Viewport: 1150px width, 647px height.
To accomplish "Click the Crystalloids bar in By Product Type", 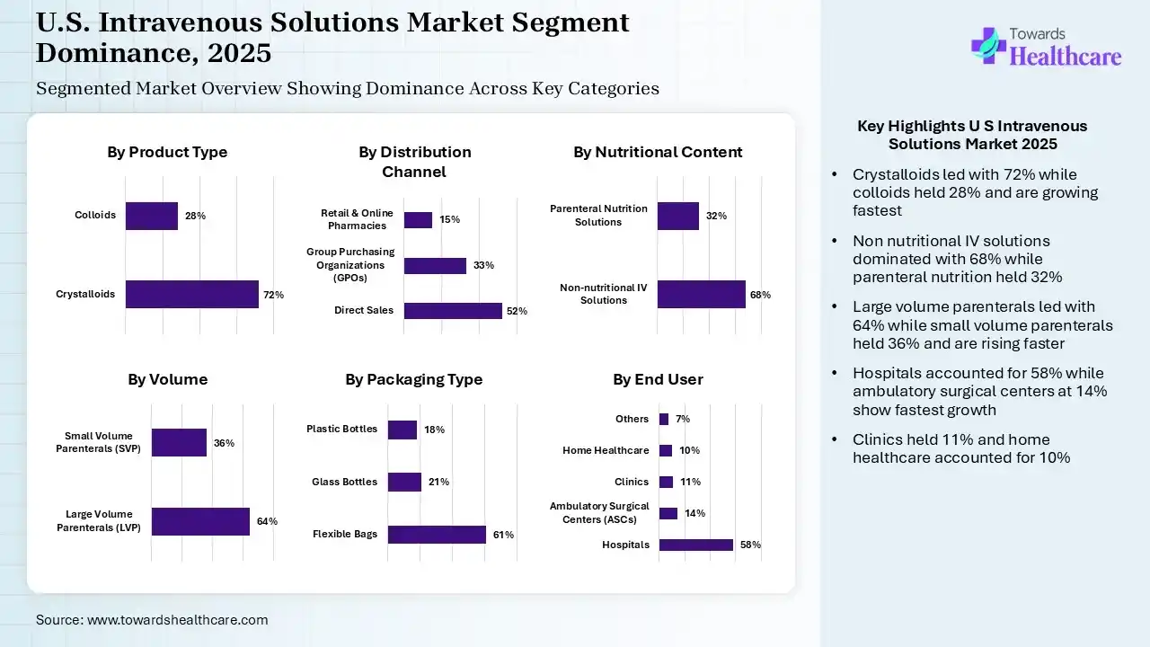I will point(191,294).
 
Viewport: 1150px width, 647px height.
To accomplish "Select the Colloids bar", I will point(151,216).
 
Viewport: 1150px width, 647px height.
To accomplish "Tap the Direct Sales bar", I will point(453,311).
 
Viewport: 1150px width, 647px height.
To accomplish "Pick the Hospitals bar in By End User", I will point(696,545).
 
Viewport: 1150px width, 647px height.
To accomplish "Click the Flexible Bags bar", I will point(437,535).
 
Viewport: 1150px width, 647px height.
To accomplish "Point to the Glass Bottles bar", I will point(404,482).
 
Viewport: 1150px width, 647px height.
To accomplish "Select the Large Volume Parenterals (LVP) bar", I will point(200,521).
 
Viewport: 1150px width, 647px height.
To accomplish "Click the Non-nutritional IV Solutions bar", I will point(701,294).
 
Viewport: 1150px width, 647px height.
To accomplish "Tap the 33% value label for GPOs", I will point(483,265).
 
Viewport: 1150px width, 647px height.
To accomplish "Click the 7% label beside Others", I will point(683,419).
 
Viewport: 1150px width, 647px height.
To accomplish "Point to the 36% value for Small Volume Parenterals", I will point(224,443).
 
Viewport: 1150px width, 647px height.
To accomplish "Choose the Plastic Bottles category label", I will point(341,430).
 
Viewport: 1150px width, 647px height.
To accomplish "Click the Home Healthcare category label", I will point(606,450).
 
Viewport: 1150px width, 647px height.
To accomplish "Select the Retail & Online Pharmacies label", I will point(357,219).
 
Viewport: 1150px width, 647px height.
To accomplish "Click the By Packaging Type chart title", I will point(413,379).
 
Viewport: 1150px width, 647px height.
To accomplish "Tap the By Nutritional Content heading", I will point(658,152).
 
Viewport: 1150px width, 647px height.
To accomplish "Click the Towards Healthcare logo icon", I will point(988,45).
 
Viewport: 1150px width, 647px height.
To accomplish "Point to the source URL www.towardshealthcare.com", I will point(177,620).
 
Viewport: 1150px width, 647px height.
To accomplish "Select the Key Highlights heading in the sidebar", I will point(972,135).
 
